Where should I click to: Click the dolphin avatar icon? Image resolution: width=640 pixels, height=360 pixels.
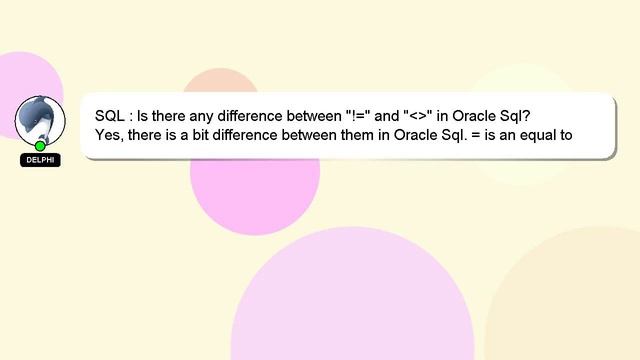[x=40, y=119]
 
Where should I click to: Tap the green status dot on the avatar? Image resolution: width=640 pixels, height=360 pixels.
[x=40, y=146]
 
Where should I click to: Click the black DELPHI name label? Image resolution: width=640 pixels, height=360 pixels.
[x=40, y=160]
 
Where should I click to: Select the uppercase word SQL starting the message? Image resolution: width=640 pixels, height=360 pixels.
[x=111, y=114]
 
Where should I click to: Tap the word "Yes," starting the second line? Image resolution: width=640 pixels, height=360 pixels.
[x=112, y=134]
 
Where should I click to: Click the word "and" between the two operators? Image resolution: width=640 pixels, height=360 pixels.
[x=388, y=114]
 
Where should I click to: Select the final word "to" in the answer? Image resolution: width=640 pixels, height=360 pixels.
[x=565, y=134]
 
